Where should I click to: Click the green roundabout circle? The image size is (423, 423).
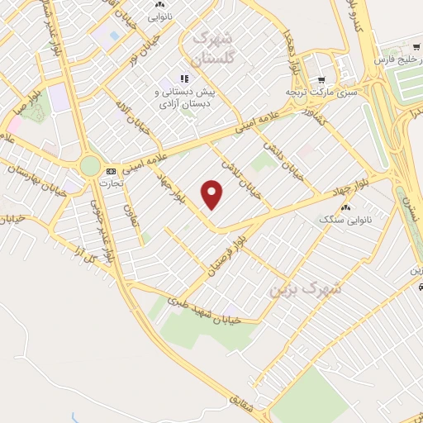pyautogui.click(x=89, y=166)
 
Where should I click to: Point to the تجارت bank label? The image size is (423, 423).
pyautogui.click(x=110, y=183)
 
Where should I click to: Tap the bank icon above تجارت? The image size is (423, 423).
pyautogui.click(x=110, y=171)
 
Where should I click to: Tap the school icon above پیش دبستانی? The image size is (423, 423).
pyautogui.click(x=182, y=79)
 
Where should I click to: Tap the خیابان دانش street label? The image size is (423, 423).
pyautogui.click(x=283, y=159)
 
